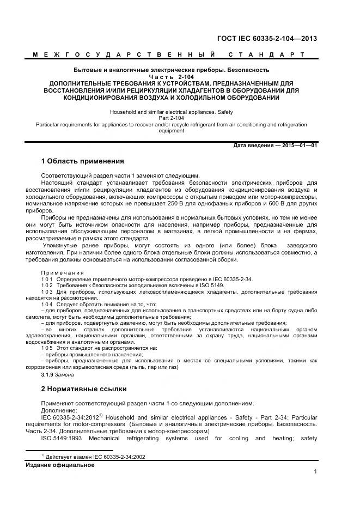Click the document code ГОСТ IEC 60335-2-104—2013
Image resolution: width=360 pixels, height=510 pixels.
[267, 38]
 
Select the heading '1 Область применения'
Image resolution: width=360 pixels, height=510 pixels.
[82, 161]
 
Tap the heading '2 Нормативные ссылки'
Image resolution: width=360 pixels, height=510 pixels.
[84, 389]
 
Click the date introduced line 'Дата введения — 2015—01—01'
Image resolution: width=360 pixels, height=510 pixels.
[274, 145]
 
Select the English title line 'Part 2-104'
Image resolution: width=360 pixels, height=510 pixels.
[171, 118]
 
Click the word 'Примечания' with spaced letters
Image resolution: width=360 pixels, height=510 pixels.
[63, 272]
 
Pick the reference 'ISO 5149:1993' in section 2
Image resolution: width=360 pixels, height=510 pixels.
[62, 438]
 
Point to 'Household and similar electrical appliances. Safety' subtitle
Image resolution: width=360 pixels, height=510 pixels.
[171, 112]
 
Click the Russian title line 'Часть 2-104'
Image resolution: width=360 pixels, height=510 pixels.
[171, 77]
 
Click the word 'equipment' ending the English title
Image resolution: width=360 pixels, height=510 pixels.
[171, 131]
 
